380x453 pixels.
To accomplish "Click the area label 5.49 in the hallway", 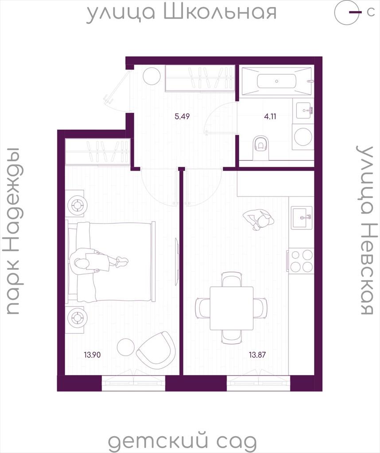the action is [182, 116].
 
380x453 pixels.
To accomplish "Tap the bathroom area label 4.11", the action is [270, 116].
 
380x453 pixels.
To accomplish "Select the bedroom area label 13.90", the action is [92, 354].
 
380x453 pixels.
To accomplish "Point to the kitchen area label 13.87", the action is [257, 354].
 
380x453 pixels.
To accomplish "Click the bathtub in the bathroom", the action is [277, 81].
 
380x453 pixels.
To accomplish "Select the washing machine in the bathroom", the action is [302, 137].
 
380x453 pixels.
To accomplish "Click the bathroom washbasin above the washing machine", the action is [305, 110].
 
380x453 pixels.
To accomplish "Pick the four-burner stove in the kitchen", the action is [301, 261].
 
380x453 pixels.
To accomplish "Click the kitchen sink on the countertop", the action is [302, 218].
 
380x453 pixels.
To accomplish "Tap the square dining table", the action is [232, 308].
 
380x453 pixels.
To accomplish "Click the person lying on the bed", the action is [98, 261].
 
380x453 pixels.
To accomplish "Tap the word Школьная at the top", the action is [220, 12].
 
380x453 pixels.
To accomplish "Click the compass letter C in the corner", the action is [370, 12].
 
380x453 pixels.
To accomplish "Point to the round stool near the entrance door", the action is [151, 76].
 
